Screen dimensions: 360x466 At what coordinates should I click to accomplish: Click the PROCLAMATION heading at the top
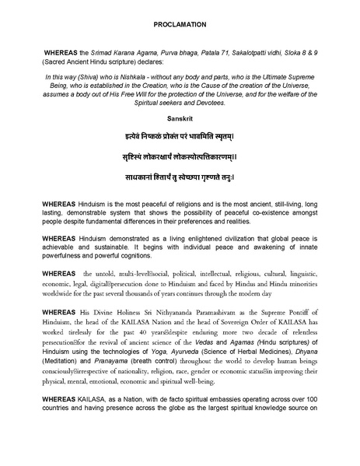point(179,25)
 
